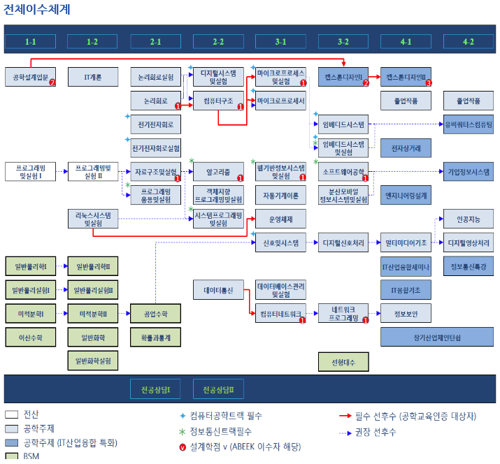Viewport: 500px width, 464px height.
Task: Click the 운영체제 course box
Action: tap(280, 219)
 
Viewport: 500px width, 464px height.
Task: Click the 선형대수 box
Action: tap(343, 362)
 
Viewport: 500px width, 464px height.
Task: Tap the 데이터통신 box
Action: tap(218, 289)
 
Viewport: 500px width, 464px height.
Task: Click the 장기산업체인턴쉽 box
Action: tap(437, 337)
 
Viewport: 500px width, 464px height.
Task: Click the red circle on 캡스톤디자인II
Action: tap(429, 82)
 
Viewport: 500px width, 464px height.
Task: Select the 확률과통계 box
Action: tap(155, 337)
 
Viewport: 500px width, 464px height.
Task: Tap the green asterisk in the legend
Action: tap(183, 432)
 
